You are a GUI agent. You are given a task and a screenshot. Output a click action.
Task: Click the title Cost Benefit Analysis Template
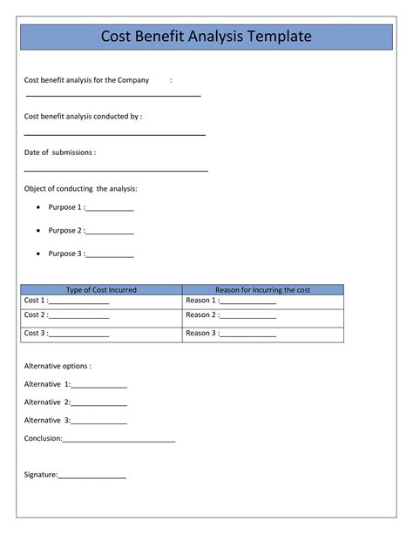206,37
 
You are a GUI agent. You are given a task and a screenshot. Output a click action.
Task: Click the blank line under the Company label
113,95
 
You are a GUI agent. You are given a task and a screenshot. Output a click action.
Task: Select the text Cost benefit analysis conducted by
83,116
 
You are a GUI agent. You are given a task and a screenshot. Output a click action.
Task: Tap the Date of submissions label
60,152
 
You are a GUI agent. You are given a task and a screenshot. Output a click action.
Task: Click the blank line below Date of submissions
116,172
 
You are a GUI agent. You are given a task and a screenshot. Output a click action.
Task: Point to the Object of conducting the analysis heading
81,189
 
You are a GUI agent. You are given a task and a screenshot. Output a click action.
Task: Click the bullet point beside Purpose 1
38,208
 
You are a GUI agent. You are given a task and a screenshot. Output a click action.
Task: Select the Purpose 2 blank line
110,233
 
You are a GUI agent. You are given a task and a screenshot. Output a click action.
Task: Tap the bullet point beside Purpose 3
38,254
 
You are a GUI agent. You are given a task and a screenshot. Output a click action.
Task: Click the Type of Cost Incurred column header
101,290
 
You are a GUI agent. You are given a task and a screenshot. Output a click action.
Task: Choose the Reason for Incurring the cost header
262,290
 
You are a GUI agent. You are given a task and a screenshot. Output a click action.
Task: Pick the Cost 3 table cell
101,334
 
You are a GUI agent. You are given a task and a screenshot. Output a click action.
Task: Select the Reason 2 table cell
262,316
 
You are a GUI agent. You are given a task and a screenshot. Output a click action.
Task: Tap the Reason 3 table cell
262,334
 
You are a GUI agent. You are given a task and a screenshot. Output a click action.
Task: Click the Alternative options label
58,367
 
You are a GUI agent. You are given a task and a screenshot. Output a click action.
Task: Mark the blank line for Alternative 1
99,388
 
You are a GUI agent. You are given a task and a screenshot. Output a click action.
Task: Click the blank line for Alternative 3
99,424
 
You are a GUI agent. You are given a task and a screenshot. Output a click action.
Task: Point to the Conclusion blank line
119,442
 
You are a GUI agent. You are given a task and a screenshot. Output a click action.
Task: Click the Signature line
92,478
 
